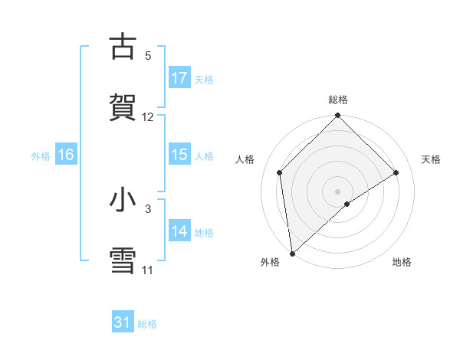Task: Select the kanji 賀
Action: (123, 106)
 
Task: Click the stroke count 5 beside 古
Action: (148, 56)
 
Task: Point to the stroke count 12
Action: (148, 117)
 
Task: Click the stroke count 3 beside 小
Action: (148, 208)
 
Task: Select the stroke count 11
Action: (148, 270)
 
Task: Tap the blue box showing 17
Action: (179, 78)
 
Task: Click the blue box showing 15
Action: (179, 155)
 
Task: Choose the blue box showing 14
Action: (179, 231)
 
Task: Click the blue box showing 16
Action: (66, 155)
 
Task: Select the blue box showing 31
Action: (123, 322)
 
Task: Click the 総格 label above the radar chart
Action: (337, 100)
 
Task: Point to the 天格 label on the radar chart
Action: (432, 159)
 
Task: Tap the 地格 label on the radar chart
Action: (402, 263)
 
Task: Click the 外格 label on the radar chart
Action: (270, 263)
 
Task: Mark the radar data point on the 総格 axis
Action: (337, 116)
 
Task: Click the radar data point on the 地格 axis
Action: (347, 204)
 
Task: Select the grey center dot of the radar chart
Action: (337, 191)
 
